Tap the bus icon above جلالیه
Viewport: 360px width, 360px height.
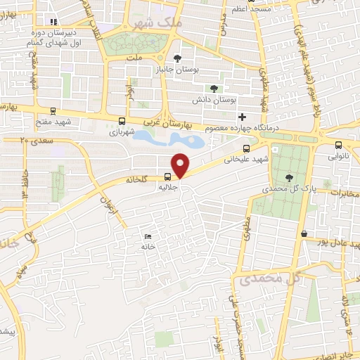[168, 177]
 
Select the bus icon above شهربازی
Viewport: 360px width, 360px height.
[122, 121]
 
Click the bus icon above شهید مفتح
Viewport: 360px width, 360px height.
[53, 111]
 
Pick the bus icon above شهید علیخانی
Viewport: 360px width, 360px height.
[246, 148]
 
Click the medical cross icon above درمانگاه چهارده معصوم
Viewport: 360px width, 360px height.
[243, 117]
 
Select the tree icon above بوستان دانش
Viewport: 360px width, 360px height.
[214, 89]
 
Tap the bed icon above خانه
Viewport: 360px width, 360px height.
[147, 236]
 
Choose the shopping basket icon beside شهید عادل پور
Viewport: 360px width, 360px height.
[303, 234]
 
